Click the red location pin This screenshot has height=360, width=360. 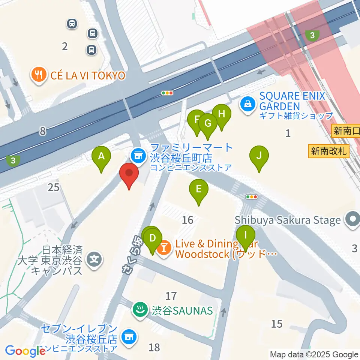(x=129, y=175)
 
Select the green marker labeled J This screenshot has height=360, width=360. (x=259, y=156)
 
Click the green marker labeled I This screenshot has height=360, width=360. (x=246, y=237)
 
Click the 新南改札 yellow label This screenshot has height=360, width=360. (x=329, y=151)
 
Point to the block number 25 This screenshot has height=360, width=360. (x=54, y=187)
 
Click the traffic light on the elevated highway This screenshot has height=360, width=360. (x=167, y=93)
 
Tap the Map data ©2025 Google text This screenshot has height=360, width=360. (x=314, y=354)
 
